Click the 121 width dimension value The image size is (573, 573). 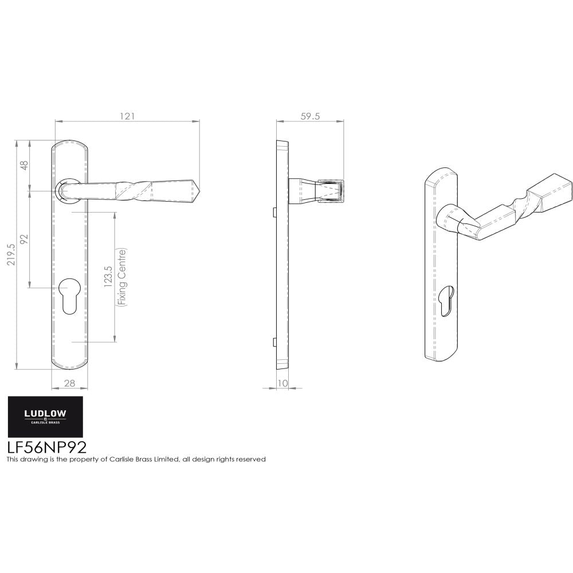127,116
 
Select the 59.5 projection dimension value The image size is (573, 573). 309,116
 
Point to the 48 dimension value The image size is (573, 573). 24,165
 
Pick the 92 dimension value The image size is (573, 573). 24,239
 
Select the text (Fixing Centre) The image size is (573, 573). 121,278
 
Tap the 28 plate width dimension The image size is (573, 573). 70,383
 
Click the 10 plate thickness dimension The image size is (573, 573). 282,383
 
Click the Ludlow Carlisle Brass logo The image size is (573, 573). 44,417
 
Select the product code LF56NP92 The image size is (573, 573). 46,447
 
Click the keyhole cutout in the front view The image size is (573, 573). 69,294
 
